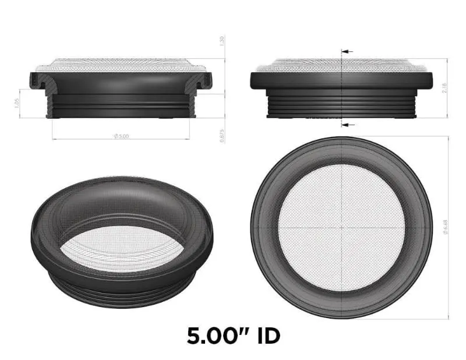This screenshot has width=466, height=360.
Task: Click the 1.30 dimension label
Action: point(222,42)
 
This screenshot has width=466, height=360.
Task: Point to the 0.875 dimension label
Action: point(222,135)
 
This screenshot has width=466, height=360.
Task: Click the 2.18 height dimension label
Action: point(445,87)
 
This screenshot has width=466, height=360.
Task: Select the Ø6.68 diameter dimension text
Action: point(445,227)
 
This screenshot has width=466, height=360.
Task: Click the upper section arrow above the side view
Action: point(347,51)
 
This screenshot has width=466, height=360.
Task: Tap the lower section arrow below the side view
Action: point(347,125)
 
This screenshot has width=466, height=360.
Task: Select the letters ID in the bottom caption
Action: point(266,336)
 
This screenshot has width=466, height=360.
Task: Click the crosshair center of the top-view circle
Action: point(341,227)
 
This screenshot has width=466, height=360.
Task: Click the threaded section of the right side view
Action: point(341,105)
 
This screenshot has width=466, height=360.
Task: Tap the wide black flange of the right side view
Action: point(341,80)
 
